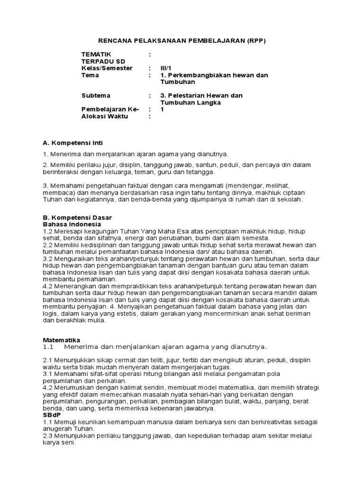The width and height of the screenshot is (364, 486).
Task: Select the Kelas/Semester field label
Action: [x=107, y=68]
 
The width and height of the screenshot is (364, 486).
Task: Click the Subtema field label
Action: [x=96, y=95]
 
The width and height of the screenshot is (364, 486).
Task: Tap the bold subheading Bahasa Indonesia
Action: [x=72, y=224]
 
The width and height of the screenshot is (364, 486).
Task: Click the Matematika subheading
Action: [x=62, y=340]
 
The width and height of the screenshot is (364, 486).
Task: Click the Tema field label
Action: [x=91, y=75]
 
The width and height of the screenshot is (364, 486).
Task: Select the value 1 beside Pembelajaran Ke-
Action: [x=162, y=109]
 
